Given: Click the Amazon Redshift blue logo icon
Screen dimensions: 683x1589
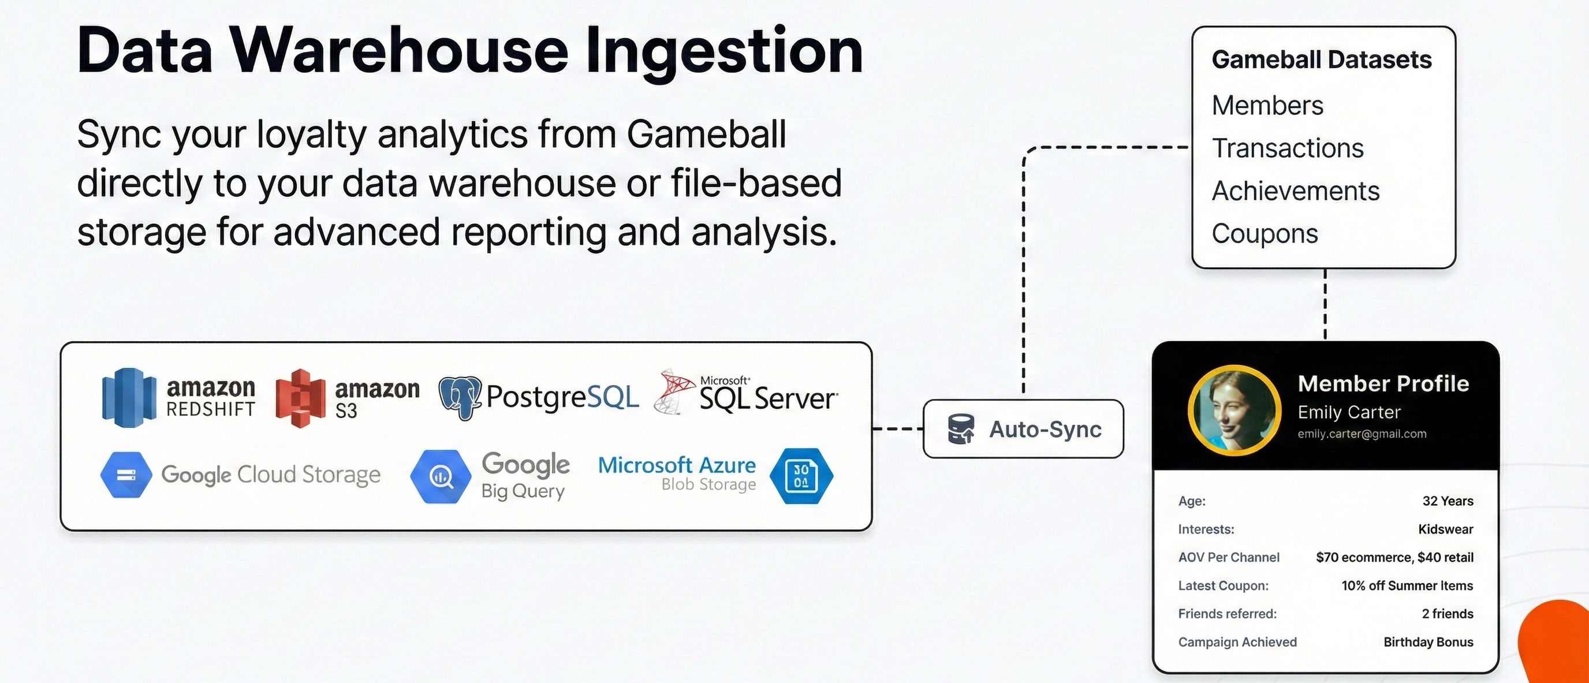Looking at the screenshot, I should pyautogui.click(x=129, y=397).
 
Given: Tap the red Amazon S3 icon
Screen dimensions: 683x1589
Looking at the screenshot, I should pyautogui.click(x=300, y=398).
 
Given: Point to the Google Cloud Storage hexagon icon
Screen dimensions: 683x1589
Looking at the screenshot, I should pyautogui.click(x=126, y=475).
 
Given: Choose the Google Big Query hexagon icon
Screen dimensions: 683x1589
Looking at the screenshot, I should pyautogui.click(x=441, y=476).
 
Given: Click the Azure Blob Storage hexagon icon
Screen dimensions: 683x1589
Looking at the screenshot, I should pyautogui.click(x=801, y=476).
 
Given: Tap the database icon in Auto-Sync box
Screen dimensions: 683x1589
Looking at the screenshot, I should pyautogui.click(x=960, y=430).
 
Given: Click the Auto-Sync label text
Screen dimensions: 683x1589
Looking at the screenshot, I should pyautogui.click(x=1045, y=430).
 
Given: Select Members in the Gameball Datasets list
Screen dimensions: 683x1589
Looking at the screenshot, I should pyautogui.click(x=1267, y=106).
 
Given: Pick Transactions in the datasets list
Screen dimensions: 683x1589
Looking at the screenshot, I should pyautogui.click(x=1288, y=148).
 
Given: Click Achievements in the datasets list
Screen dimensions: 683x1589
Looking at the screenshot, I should pyautogui.click(x=1295, y=191).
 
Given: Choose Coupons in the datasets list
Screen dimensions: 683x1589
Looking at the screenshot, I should pyautogui.click(x=1265, y=234).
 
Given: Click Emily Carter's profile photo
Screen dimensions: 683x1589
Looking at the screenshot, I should pyautogui.click(x=1234, y=411).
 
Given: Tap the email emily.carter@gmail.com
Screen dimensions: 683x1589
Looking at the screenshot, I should pyautogui.click(x=1362, y=434).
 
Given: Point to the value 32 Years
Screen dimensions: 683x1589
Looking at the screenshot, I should pyautogui.click(x=1447, y=501).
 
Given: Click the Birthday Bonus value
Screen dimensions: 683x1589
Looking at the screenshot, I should pyautogui.click(x=1428, y=642).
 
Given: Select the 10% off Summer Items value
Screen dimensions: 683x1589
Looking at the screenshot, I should pyautogui.click(x=1407, y=585).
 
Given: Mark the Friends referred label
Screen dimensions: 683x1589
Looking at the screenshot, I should pyautogui.click(x=1227, y=614).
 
